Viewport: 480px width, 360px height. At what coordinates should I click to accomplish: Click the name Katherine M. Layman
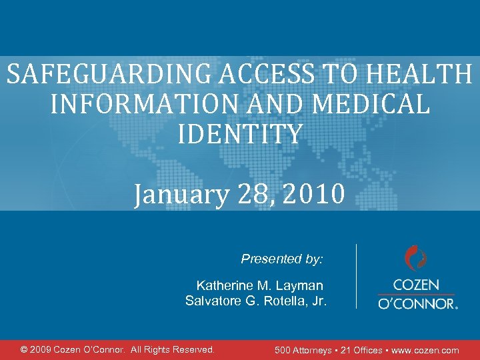click(x=260, y=286)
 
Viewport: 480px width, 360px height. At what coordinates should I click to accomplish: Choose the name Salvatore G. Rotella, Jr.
click(x=256, y=301)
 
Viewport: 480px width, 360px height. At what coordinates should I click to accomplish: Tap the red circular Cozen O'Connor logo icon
click(x=416, y=258)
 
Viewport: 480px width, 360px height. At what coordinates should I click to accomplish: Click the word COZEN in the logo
click(x=416, y=285)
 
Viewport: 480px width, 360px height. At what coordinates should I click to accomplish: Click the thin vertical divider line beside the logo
click(x=357, y=276)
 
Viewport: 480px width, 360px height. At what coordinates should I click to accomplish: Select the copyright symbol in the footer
click(x=25, y=349)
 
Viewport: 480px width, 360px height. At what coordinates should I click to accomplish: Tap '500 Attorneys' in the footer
click(x=306, y=350)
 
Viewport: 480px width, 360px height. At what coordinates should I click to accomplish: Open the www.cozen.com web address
click(x=427, y=350)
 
